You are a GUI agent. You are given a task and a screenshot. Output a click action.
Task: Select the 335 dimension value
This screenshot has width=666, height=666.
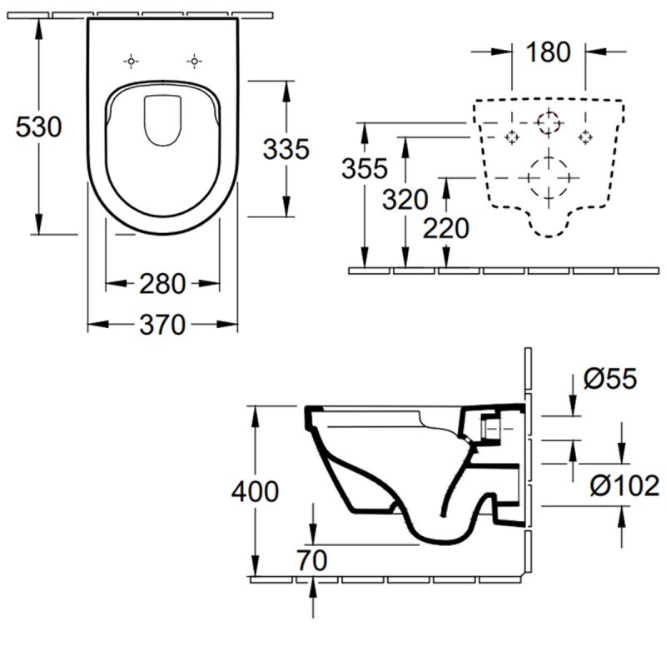(x=286, y=149)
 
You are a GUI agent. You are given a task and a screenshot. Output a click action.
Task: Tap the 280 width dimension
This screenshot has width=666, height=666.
(x=162, y=284)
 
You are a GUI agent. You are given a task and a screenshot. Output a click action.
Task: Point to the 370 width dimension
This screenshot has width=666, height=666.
(x=162, y=325)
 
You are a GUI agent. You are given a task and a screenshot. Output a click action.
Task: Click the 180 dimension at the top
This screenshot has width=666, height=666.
(x=549, y=52)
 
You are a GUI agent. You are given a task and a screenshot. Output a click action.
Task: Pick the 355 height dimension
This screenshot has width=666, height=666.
(x=365, y=169)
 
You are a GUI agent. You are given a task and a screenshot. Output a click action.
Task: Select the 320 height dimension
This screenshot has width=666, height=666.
(x=405, y=200)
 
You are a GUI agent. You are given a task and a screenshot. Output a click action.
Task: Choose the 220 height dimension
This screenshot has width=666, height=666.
(x=445, y=227)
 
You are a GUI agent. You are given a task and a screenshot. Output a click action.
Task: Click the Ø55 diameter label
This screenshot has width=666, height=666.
(x=609, y=380)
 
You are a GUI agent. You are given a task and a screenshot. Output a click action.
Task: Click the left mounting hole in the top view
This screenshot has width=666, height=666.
(x=131, y=61)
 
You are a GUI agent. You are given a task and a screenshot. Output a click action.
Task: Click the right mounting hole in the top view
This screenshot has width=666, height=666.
(x=193, y=61)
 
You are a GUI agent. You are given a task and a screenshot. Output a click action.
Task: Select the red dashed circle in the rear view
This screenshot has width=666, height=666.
(x=549, y=124)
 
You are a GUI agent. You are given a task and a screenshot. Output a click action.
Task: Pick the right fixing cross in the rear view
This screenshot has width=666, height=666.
(x=586, y=137)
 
